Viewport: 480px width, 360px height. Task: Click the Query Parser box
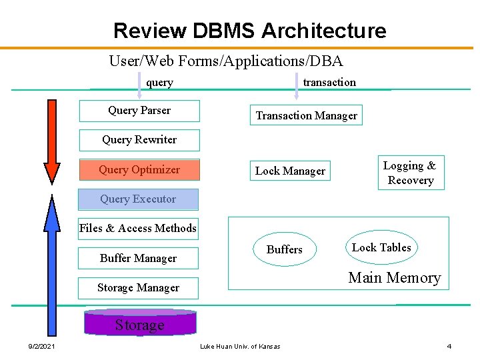point(139,111)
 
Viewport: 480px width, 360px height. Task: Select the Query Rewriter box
point(139,140)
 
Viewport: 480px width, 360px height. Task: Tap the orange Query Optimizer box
point(139,170)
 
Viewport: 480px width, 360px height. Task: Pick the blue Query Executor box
point(138,199)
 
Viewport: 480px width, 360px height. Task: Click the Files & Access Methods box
point(138,229)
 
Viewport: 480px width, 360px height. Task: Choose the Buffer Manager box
point(138,259)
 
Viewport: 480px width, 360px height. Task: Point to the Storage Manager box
point(138,288)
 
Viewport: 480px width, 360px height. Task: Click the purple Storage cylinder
point(139,323)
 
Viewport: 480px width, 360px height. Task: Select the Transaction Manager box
point(307,115)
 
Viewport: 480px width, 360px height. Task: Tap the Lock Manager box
point(290,171)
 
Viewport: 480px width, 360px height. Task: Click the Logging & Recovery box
point(410,173)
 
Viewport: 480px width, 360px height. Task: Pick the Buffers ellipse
point(285,249)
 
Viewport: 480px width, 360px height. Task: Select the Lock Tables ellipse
point(381,247)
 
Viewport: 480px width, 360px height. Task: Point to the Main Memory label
point(394,278)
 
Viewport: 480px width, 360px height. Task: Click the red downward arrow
point(51,140)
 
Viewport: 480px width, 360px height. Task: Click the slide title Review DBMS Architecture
point(249,31)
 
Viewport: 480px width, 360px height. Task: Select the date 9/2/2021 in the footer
point(41,346)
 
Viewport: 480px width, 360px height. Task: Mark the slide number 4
point(449,346)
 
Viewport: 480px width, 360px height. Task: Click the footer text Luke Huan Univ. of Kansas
point(240,346)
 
